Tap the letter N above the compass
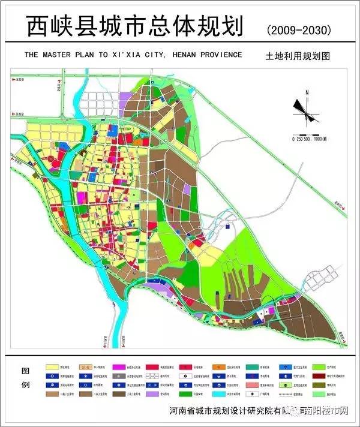point(306,92)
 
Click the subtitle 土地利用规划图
point(298,56)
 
